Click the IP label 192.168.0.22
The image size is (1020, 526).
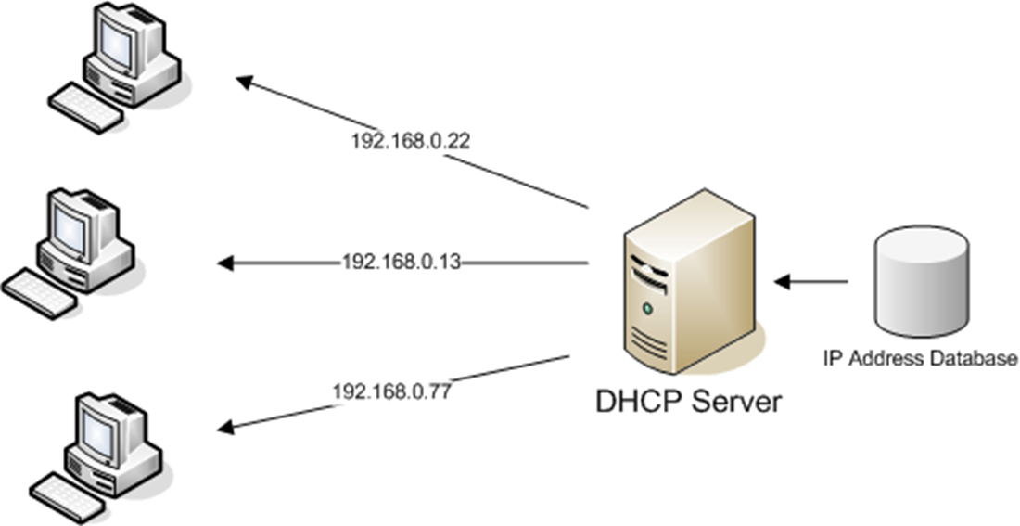[398, 142]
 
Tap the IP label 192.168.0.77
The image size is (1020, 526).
[391, 391]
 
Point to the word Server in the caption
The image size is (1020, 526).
[734, 402]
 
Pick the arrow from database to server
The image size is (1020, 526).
[811, 280]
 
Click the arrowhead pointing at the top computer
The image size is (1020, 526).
[246, 83]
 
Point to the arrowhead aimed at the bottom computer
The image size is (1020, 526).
[226, 427]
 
